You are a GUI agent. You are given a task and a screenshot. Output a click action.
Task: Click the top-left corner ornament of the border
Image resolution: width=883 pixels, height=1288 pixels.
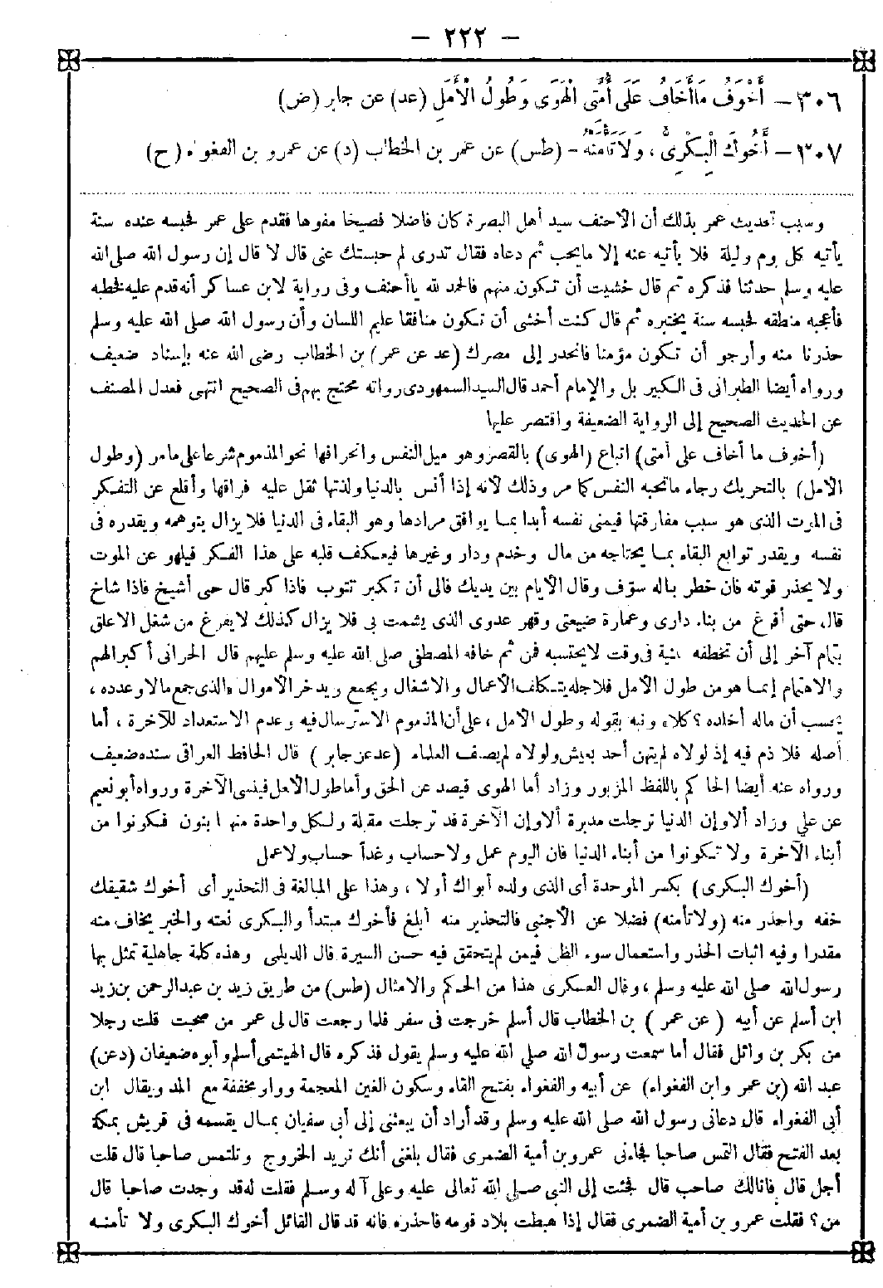pos(17,59)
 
